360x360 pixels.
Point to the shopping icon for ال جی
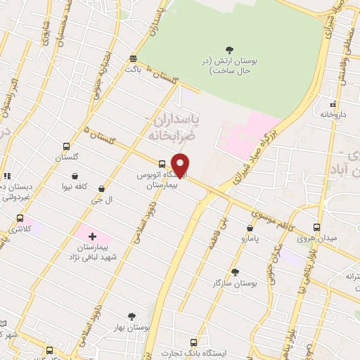pos(103,188)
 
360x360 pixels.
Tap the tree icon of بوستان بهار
pos(131,317)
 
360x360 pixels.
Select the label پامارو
pos(249,240)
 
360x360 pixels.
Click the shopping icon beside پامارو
pos(250,229)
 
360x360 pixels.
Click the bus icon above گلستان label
pos(65,147)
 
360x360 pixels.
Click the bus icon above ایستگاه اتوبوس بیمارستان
pos(162,160)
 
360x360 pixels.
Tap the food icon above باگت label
pos(134,59)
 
